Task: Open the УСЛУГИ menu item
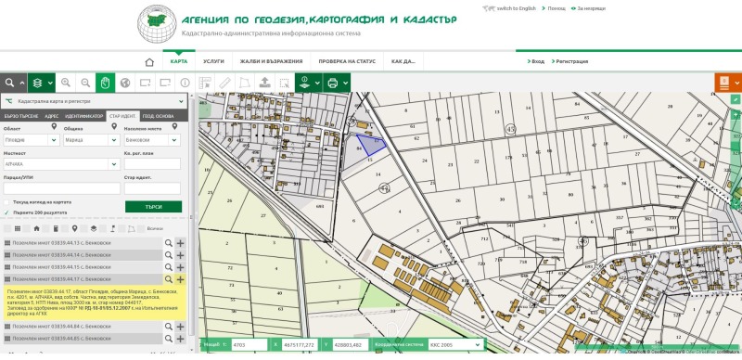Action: point(213,61)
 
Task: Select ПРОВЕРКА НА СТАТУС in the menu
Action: point(347,61)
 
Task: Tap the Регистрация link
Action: point(571,61)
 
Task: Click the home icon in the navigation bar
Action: point(148,61)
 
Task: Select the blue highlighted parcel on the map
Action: point(370,143)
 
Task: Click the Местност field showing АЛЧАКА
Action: point(60,163)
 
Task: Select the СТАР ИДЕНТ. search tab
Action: point(121,115)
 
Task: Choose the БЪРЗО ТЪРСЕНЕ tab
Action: point(19,115)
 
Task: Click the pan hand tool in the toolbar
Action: point(107,83)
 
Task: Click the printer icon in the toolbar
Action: point(331,83)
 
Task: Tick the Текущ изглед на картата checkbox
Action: point(7,200)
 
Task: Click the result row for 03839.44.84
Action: point(83,327)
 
